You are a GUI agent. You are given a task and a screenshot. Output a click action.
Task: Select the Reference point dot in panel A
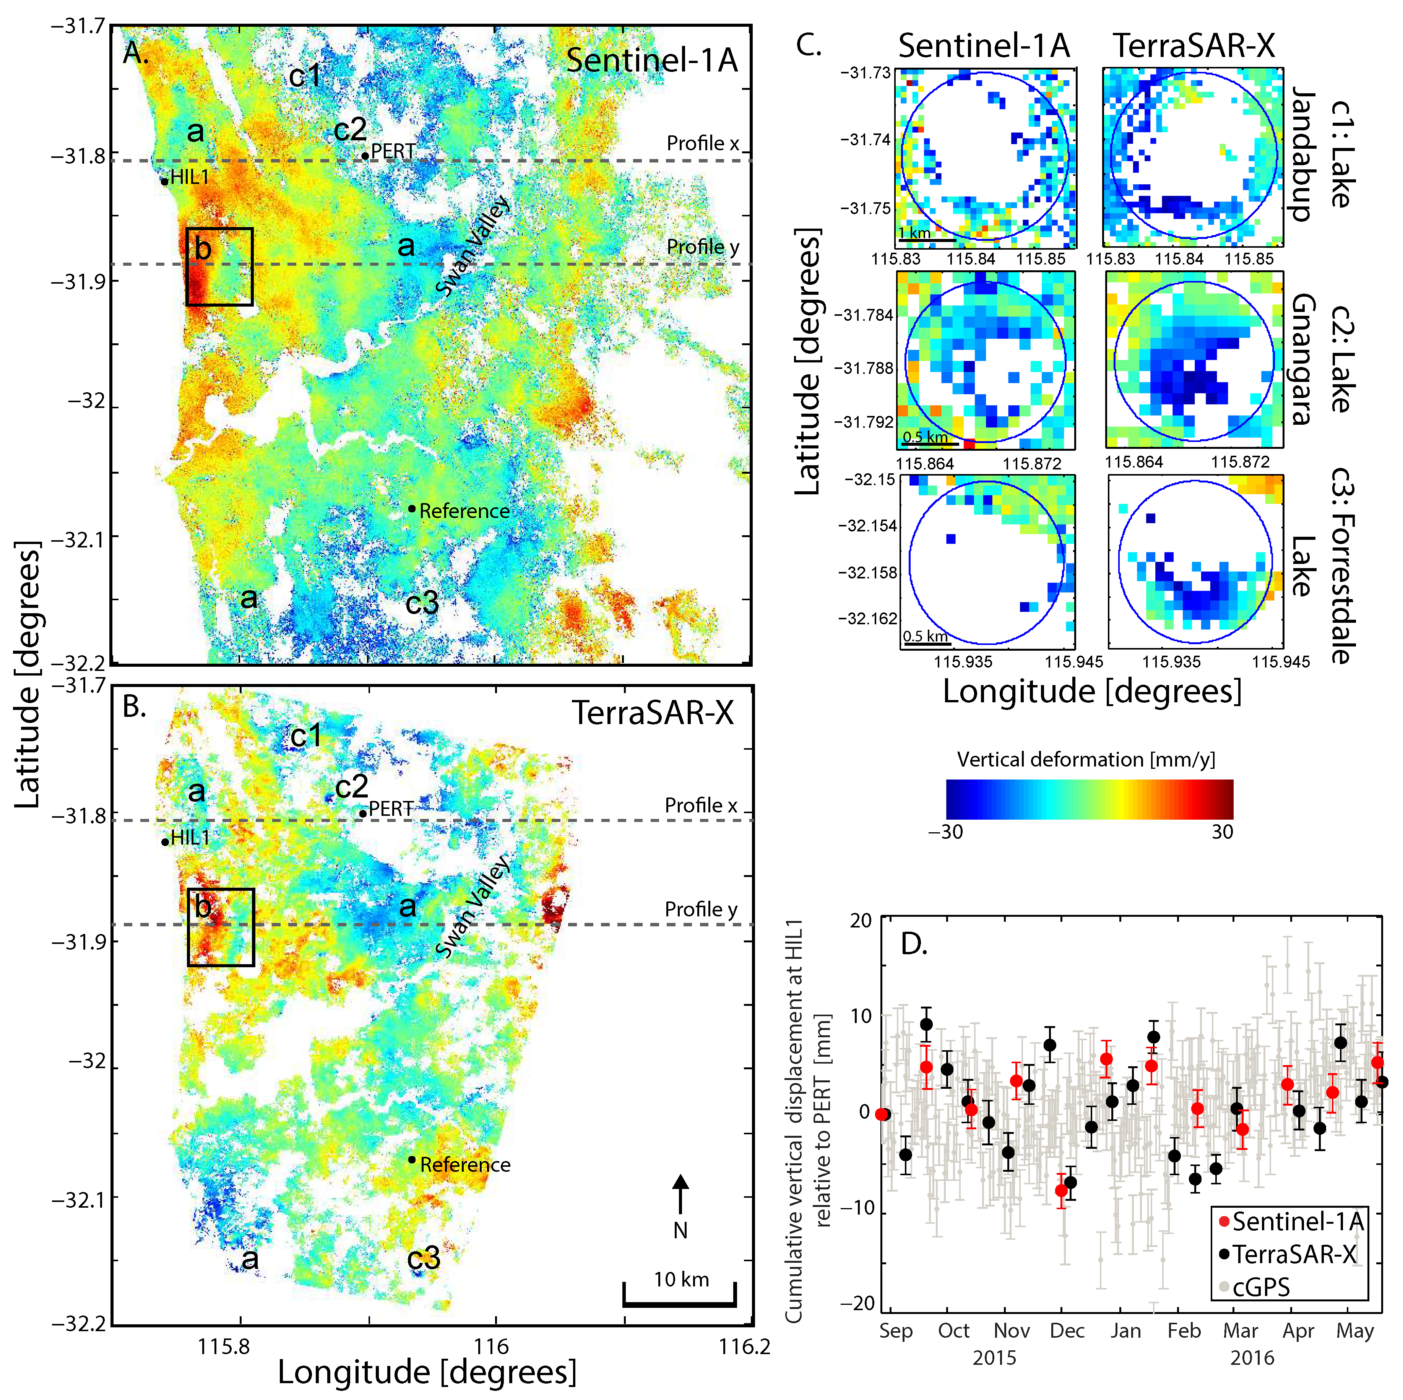tap(412, 508)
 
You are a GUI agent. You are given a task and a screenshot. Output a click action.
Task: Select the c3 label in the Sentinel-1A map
tap(422, 602)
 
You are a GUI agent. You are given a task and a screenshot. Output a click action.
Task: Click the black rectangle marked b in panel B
tap(221, 927)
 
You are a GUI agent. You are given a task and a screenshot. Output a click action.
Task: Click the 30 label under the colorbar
tap(1222, 832)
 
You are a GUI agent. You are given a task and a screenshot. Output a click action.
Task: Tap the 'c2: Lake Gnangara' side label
tap(1322, 359)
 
